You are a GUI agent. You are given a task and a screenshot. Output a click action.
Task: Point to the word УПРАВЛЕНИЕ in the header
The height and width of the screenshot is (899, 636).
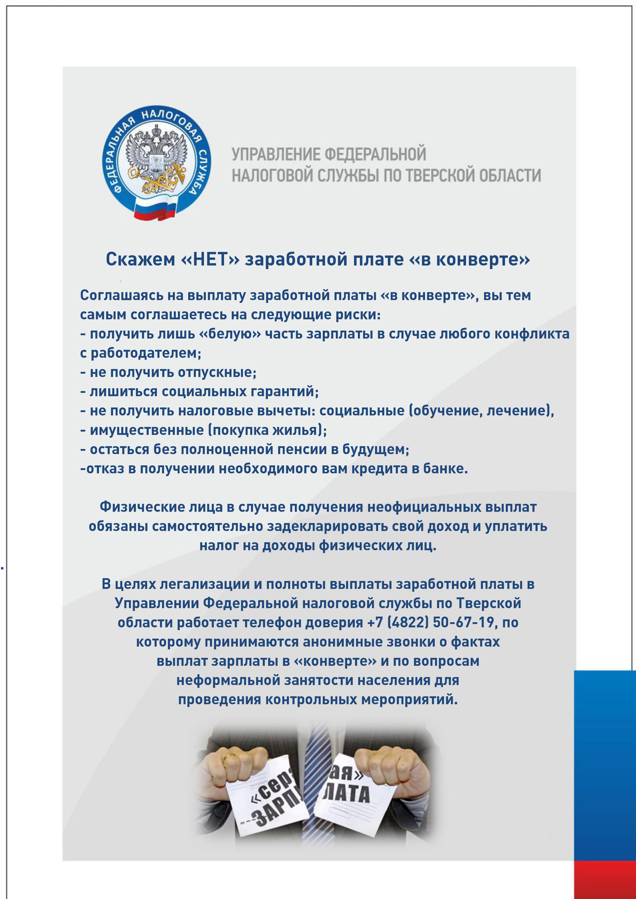click(276, 154)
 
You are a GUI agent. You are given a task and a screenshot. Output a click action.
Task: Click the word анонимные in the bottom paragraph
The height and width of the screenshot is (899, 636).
click(345, 642)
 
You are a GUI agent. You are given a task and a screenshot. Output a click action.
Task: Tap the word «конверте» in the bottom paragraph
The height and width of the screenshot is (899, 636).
click(335, 661)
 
